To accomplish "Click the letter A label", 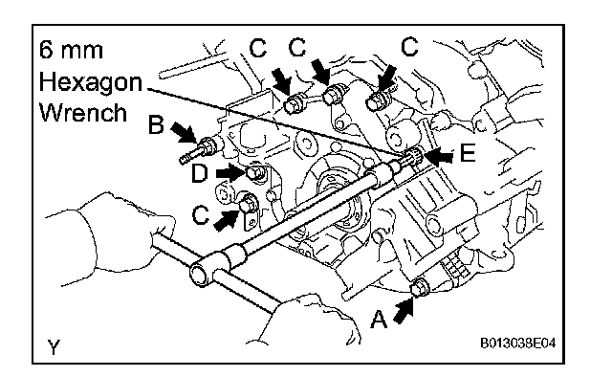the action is click(379, 319).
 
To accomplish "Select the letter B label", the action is click(156, 125).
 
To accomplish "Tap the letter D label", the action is click(200, 173).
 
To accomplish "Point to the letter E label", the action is click(468, 152).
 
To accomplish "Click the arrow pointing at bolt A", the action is click(403, 310).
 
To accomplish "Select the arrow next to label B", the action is click(184, 132).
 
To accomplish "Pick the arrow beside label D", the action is click(230, 172).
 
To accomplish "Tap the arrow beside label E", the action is click(439, 156).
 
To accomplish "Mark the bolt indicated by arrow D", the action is click(255, 172).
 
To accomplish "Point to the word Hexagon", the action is click(91, 83).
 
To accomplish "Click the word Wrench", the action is click(83, 113).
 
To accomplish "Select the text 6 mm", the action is click(71, 50).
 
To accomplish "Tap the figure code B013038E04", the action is click(518, 343).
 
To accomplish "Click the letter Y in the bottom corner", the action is click(54, 346).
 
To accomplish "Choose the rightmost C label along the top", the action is click(409, 47).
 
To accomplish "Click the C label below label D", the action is click(201, 215).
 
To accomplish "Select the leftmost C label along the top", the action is click(257, 49).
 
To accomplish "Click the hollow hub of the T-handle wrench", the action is click(200, 273).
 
